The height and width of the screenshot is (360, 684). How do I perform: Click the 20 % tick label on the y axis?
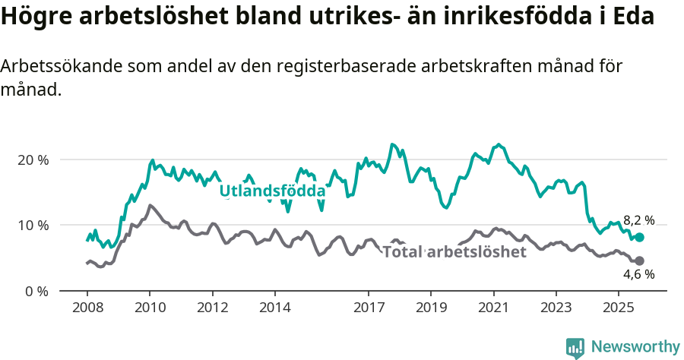(33, 160)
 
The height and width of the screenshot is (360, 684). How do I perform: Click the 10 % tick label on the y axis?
(33, 226)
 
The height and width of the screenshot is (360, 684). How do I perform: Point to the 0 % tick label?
(36, 291)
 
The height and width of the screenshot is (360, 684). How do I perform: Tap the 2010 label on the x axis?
(149, 308)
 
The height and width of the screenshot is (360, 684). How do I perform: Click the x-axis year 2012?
(212, 308)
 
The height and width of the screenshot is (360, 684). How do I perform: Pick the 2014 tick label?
(274, 308)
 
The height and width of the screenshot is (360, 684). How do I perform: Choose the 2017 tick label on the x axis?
(369, 308)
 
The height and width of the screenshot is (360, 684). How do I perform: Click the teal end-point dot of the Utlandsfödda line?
(639, 238)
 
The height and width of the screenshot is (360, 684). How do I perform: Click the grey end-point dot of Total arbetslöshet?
(639, 261)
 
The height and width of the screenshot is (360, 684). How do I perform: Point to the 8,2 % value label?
(638, 220)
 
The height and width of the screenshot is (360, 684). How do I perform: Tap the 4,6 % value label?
(638, 275)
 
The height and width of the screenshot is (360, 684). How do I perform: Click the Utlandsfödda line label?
(272, 191)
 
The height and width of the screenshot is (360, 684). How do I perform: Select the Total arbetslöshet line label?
(454, 252)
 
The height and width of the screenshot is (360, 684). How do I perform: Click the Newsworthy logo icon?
(575, 347)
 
